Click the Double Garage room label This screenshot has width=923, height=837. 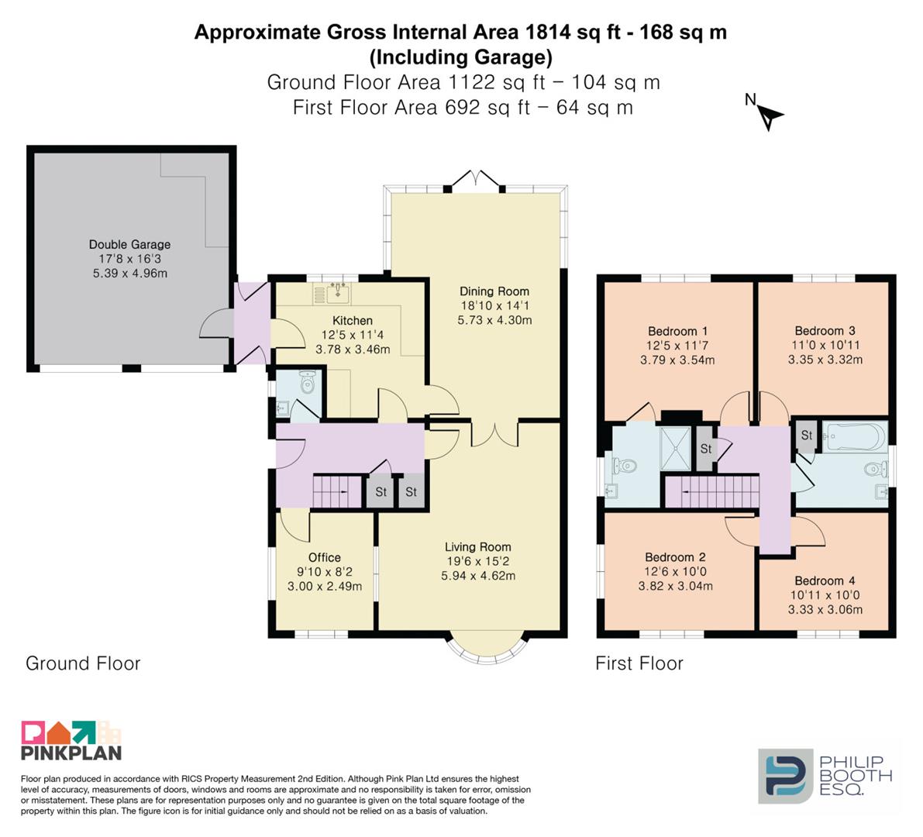click(129, 244)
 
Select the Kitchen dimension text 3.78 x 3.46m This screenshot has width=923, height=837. click(353, 350)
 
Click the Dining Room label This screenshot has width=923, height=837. click(494, 291)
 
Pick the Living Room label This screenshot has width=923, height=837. click(478, 547)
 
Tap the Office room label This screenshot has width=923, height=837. click(325, 557)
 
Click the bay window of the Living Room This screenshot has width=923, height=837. click(484, 651)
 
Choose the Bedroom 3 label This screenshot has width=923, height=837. click(825, 331)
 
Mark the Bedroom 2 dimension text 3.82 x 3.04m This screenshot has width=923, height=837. click(675, 586)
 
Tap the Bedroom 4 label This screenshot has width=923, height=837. click(825, 580)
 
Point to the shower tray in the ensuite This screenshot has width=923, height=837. click(676, 448)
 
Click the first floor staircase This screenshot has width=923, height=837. click(711, 491)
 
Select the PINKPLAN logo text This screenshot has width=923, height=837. click(71, 753)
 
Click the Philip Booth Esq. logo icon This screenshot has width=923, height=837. click(786, 776)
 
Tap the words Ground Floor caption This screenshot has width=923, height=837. click(83, 663)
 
